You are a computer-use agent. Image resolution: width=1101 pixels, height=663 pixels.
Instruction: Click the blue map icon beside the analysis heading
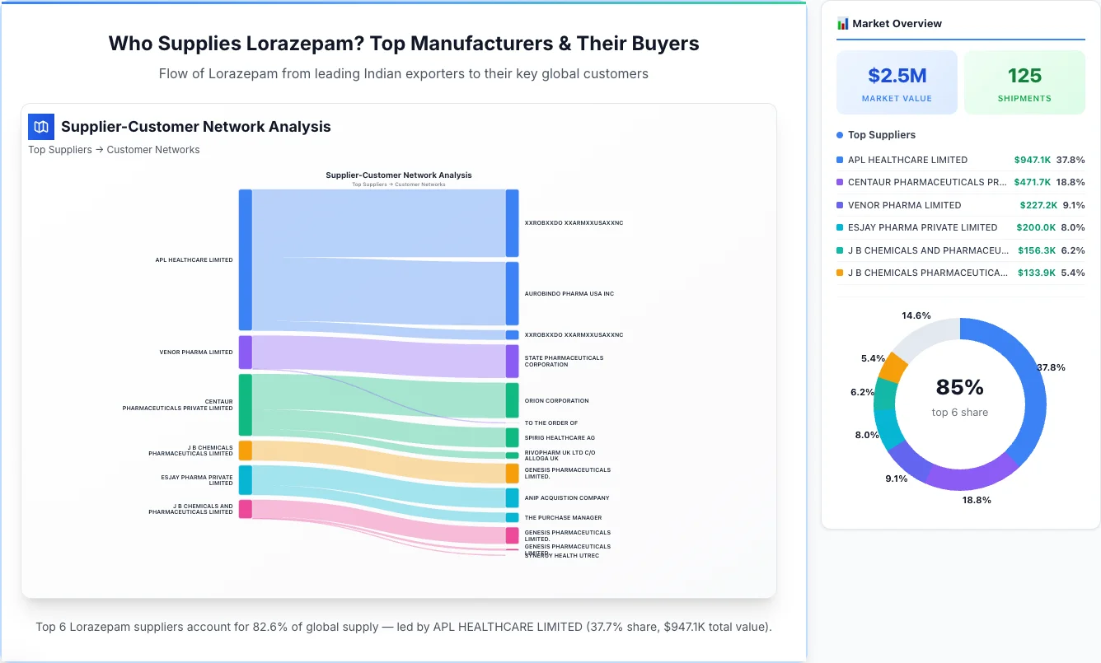pyautogui.click(x=41, y=127)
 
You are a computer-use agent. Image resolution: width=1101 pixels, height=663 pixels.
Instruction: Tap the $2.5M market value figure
pyautogui.click(x=897, y=76)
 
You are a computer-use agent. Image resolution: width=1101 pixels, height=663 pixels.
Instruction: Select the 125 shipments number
pyautogui.click(x=1024, y=76)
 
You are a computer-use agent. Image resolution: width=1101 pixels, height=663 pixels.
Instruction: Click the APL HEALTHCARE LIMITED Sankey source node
pyautogui.click(x=246, y=259)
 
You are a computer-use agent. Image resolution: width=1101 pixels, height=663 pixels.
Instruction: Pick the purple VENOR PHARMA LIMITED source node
pyautogui.click(x=246, y=353)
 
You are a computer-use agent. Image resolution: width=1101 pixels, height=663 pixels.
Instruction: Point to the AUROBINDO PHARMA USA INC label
pyautogui.click(x=569, y=294)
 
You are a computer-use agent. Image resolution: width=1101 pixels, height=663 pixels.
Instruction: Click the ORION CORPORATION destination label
pyautogui.click(x=556, y=401)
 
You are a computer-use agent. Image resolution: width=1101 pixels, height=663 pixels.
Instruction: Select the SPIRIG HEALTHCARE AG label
pyautogui.click(x=560, y=438)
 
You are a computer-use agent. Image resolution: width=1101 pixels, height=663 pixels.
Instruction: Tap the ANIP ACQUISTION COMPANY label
pyautogui.click(x=567, y=498)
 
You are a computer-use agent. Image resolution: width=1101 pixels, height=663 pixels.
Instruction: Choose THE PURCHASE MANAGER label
pyautogui.click(x=563, y=518)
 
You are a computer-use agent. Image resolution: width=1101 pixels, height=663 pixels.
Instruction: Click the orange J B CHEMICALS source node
pyautogui.click(x=246, y=451)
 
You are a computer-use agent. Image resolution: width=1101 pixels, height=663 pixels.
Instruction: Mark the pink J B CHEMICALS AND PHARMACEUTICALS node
pyautogui.click(x=246, y=509)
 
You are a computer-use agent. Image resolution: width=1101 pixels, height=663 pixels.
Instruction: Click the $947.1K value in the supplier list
pyautogui.click(x=1032, y=160)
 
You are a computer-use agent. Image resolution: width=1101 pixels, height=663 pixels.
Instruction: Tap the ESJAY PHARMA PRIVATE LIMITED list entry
pyautogui.click(x=922, y=227)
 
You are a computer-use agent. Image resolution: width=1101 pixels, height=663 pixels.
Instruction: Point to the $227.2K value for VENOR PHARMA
pyautogui.click(x=1032, y=205)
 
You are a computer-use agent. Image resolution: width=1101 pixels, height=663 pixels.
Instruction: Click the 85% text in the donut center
pyautogui.click(x=960, y=387)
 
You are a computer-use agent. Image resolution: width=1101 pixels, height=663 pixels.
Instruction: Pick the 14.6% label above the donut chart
pyautogui.click(x=916, y=315)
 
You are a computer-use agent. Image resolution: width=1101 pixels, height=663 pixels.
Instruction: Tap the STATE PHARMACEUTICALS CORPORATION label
pyautogui.click(x=564, y=362)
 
